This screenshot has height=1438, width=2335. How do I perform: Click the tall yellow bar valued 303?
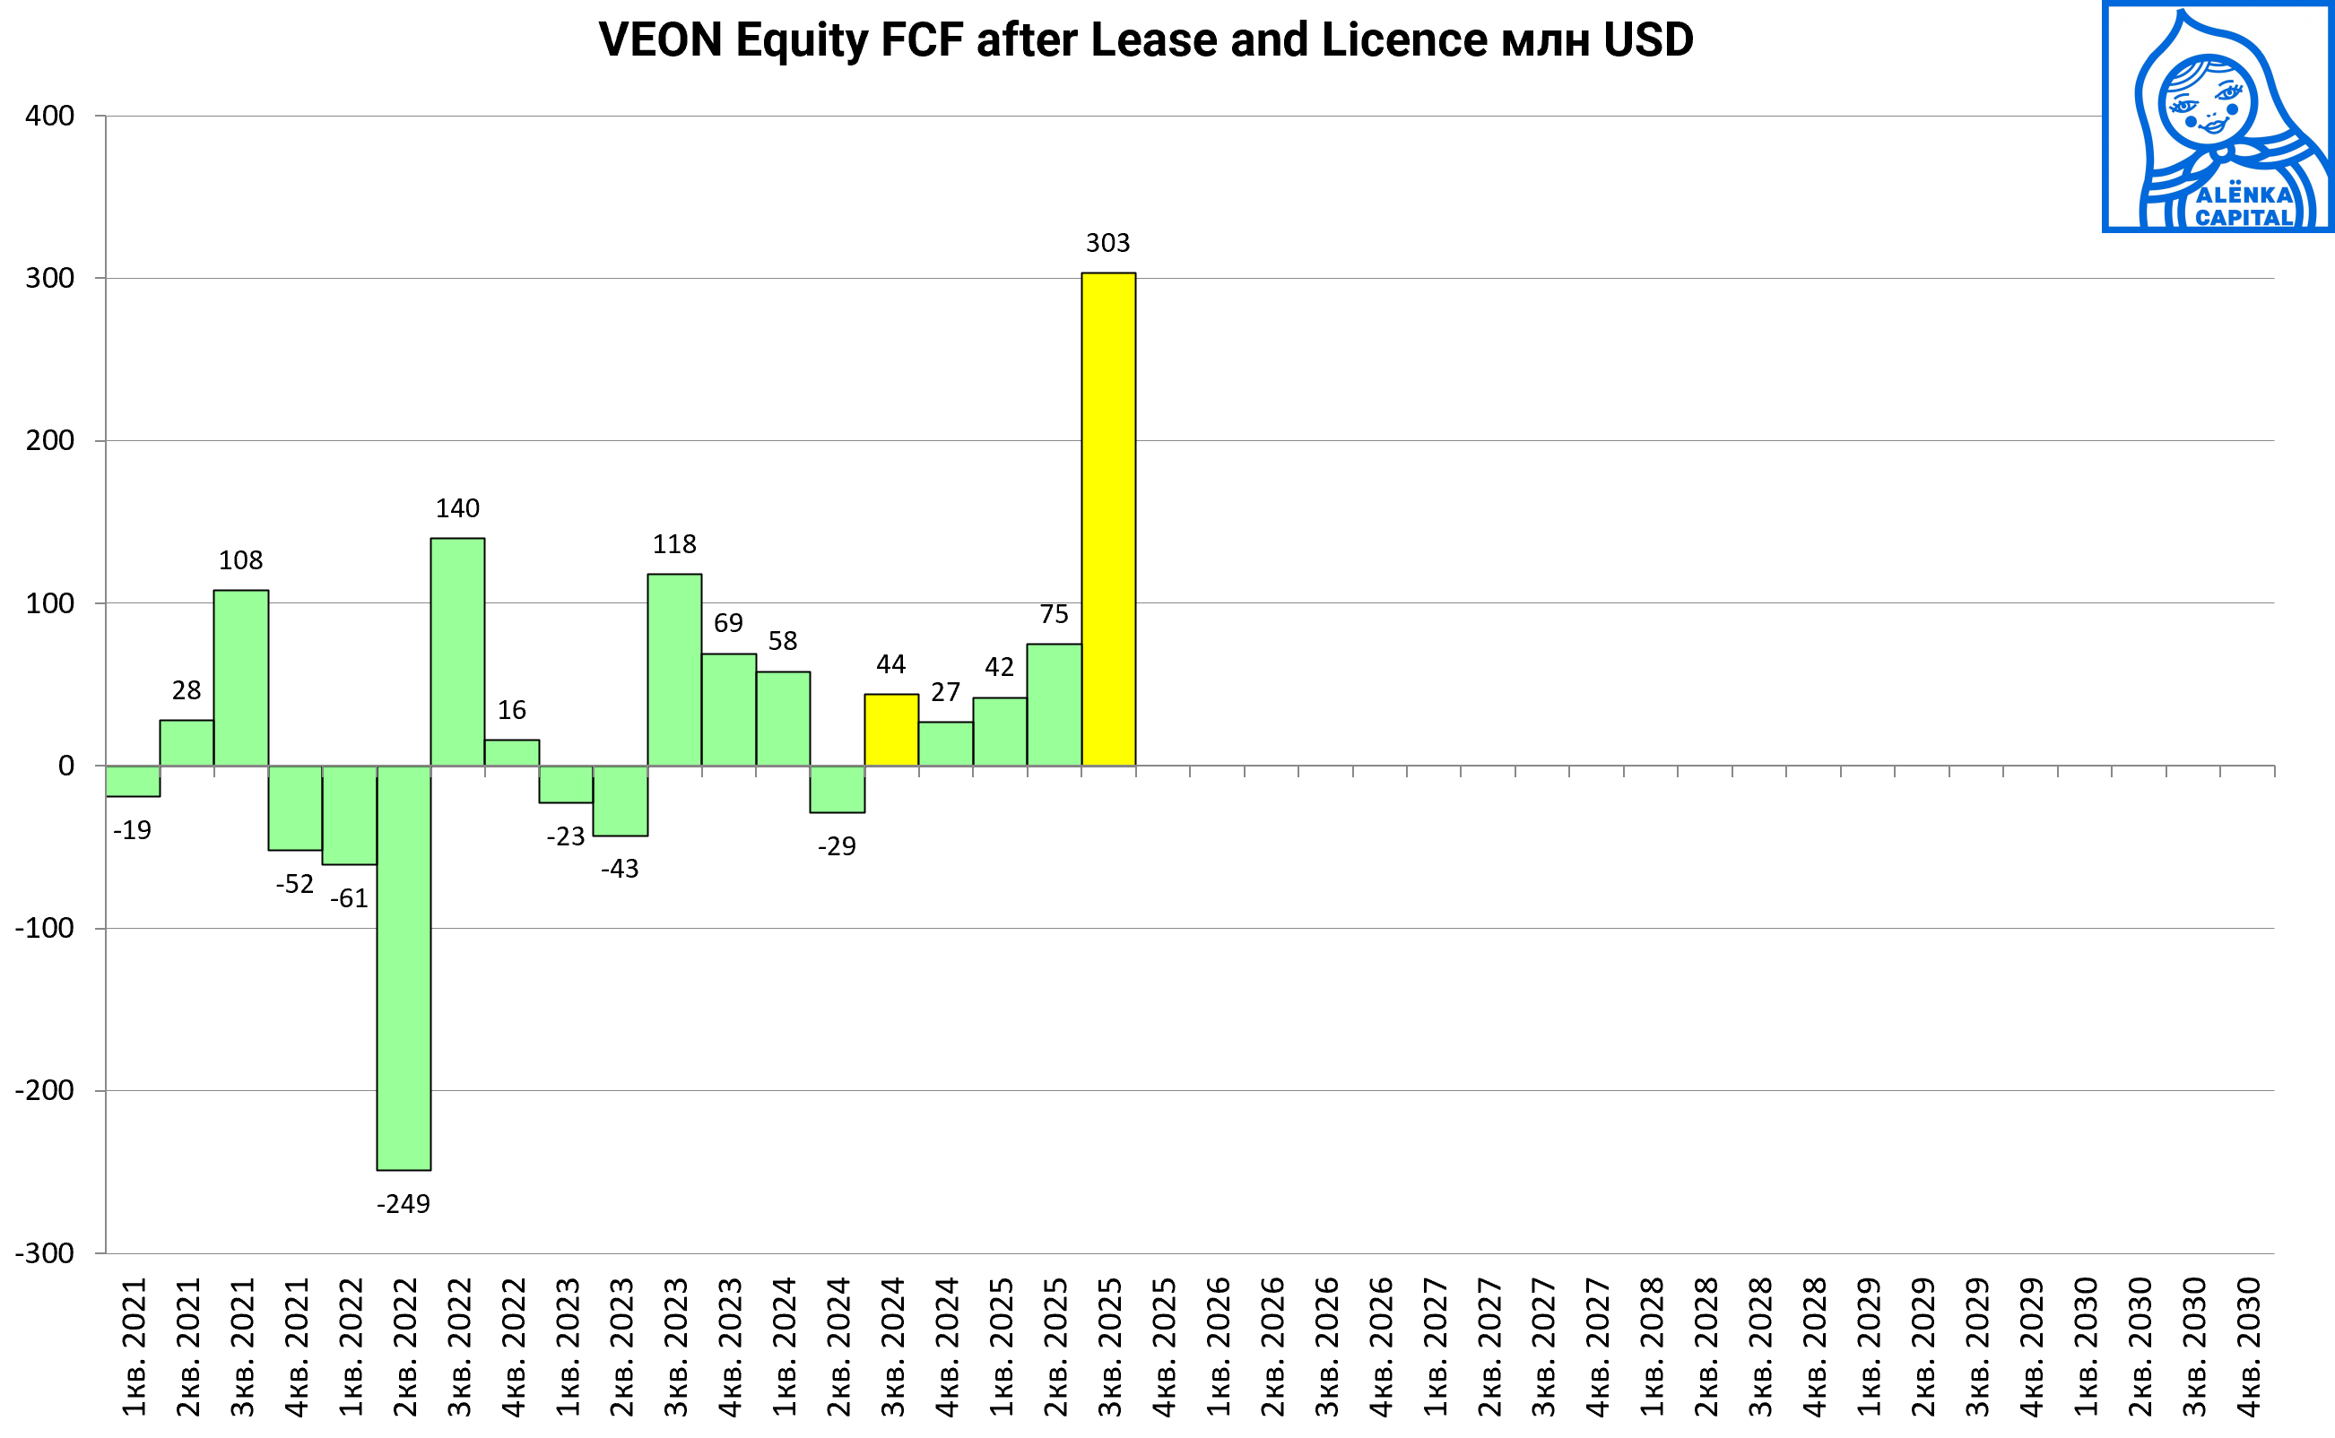(1108, 519)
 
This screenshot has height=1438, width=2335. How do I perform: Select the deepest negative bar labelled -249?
(404, 967)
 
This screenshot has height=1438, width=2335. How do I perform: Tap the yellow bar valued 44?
(891, 730)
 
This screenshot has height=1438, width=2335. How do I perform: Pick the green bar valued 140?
(457, 652)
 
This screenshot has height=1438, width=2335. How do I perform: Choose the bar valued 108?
(240, 677)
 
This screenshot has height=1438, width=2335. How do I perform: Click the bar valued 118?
(674, 670)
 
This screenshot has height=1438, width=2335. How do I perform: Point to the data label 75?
(1054, 614)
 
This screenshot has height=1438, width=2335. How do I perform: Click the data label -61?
(349, 898)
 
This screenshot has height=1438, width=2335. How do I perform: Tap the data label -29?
(837, 846)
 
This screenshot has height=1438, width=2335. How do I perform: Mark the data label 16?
(512, 710)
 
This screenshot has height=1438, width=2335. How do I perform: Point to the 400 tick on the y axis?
(49, 116)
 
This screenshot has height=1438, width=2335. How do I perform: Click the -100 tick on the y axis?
(45, 928)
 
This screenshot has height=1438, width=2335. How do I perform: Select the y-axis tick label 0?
(65, 766)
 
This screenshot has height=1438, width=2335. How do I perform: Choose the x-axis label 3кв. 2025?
(1110, 1347)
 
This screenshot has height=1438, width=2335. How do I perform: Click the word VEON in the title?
(660, 40)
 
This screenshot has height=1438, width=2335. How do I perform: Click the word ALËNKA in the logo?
(2244, 195)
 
